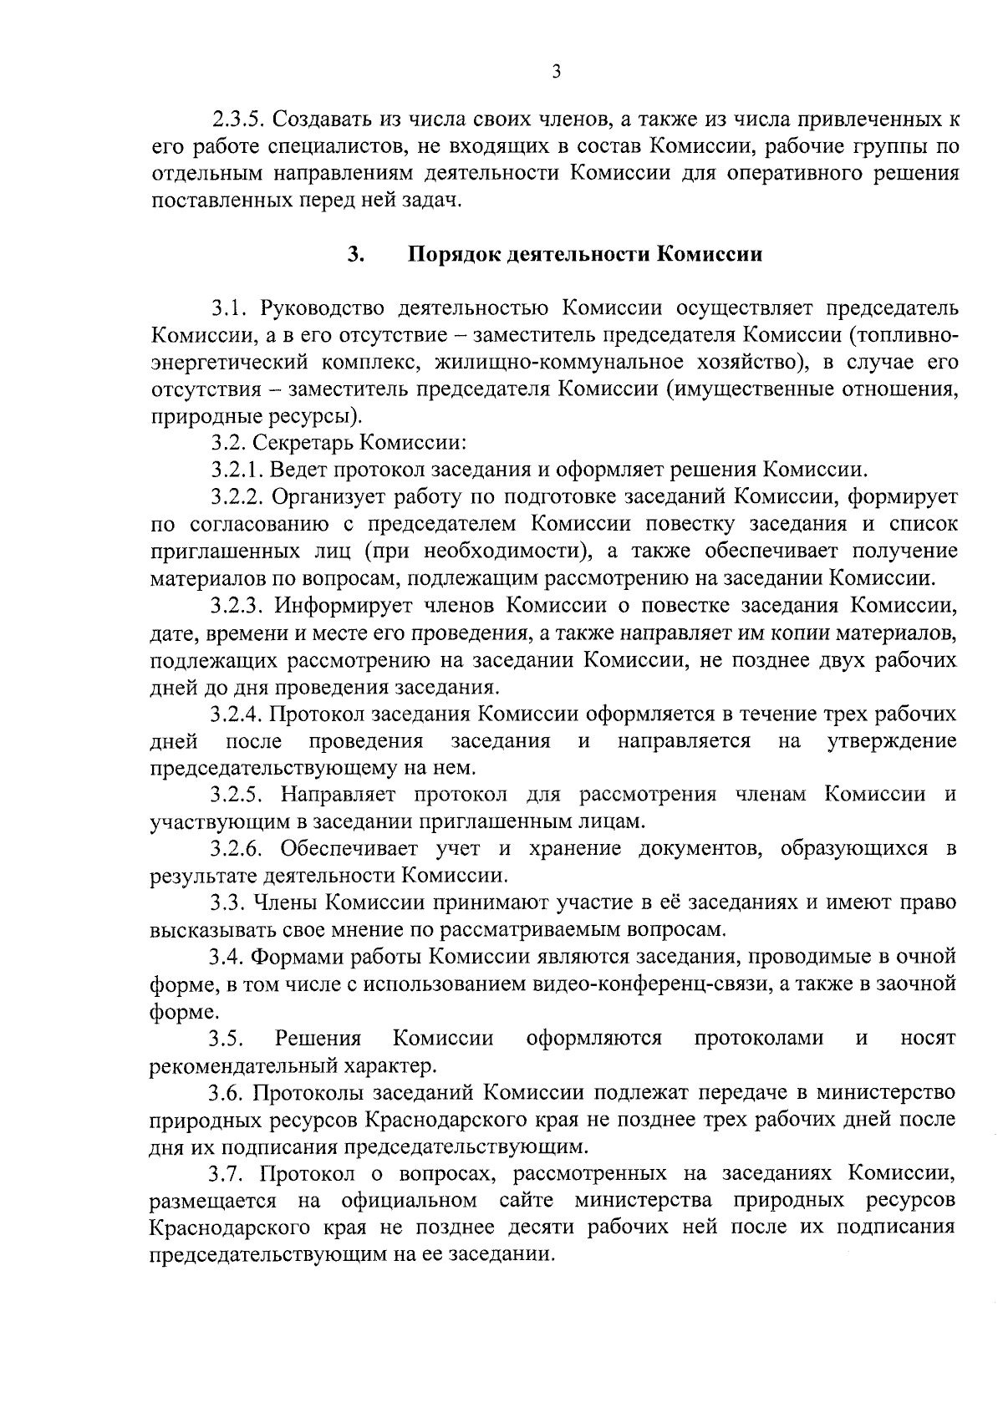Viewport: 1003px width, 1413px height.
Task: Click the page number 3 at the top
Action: click(x=557, y=72)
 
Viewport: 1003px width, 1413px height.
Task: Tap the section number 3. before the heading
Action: click(x=354, y=254)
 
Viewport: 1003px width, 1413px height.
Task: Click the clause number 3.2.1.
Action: click(x=237, y=469)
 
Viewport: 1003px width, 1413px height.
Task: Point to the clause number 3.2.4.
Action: click(x=237, y=714)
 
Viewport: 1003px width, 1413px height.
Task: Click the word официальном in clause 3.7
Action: click(x=410, y=1201)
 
